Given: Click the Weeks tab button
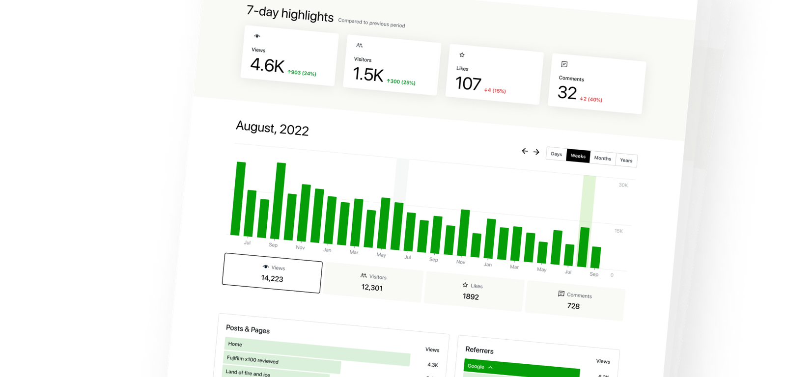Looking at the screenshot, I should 578,156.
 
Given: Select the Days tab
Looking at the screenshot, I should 556,154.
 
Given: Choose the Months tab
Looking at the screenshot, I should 602,158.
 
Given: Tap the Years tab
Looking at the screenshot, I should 626,161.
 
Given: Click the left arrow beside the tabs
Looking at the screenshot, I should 525,151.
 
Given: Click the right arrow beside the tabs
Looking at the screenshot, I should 536,152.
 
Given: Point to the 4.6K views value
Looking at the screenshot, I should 267,65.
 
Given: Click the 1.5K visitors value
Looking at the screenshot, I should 368,75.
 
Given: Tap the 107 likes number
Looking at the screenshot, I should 468,84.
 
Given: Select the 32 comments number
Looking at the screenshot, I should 567,93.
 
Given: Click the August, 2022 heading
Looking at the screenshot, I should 272,128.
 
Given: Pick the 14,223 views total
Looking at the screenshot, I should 272,278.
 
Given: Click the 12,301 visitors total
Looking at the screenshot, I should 372,288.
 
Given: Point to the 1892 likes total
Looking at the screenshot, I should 471,296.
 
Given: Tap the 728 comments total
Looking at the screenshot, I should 573,306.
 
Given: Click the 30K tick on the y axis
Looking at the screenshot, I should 623,185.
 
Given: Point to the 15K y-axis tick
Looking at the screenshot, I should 618,231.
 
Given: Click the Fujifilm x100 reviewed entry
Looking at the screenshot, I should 253,360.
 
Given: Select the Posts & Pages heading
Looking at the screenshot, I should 248,329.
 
